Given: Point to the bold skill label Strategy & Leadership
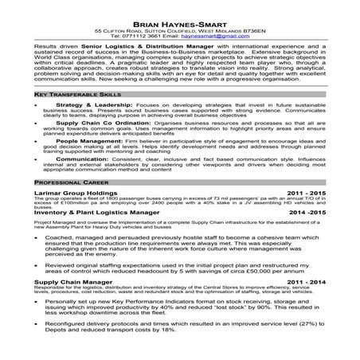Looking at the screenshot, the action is coord(86,104).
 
